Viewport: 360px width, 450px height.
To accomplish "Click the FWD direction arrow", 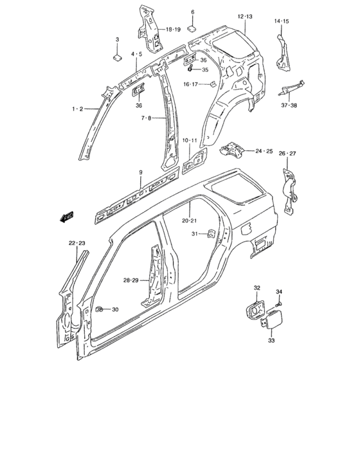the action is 67,217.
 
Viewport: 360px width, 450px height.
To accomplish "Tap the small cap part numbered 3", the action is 117,57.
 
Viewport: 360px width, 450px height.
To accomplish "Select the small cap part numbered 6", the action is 192,28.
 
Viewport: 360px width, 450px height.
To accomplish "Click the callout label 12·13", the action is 245,17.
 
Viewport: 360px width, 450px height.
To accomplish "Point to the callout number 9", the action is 141,172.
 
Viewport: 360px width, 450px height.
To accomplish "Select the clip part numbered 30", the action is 100,309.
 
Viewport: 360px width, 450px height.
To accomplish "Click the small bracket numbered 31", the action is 212,233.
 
